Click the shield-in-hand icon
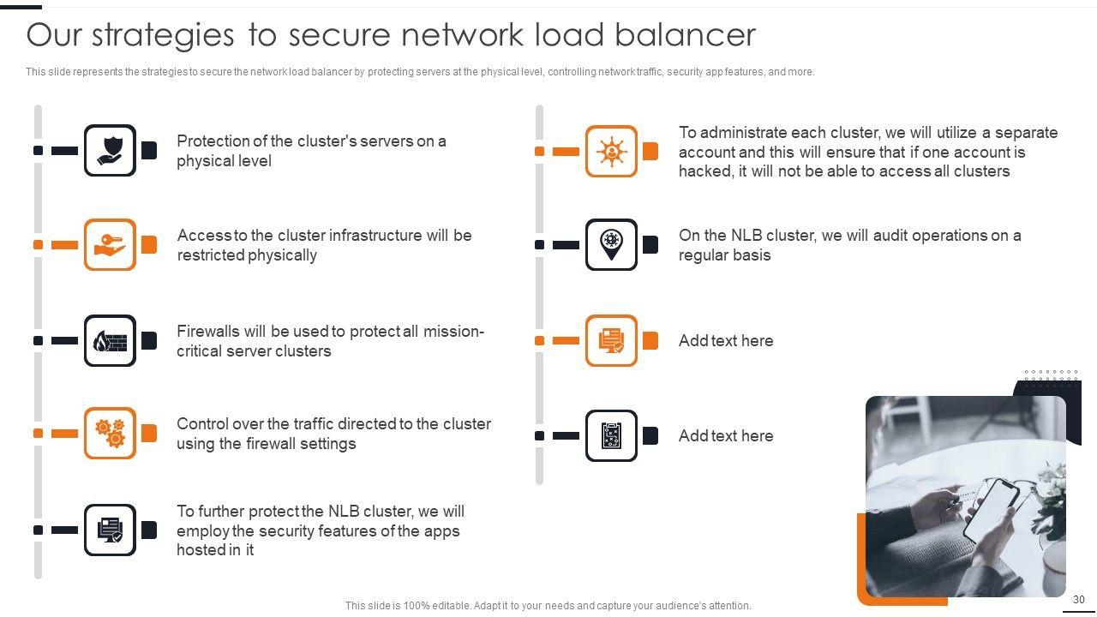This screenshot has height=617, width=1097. click(110, 150)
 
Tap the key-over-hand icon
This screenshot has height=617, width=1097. click(110, 245)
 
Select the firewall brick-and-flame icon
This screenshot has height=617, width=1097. click(110, 340)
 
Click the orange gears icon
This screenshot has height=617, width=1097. click(110, 433)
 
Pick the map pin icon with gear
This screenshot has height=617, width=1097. click(611, 244)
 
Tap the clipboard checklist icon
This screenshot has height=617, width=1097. click(611, 435)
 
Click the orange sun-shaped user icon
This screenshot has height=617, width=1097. click(611, 152)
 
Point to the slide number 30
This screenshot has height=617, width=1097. click(1078, 599)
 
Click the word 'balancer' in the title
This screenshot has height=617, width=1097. click(685, 35)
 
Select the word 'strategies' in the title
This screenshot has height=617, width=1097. click(163, 36)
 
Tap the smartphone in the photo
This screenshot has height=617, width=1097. click(992, 509)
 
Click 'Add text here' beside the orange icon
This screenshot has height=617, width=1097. click(726, 340)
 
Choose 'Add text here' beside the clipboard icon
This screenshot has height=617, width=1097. click(726, 435)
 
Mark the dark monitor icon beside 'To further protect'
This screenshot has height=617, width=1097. click(110, 530)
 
